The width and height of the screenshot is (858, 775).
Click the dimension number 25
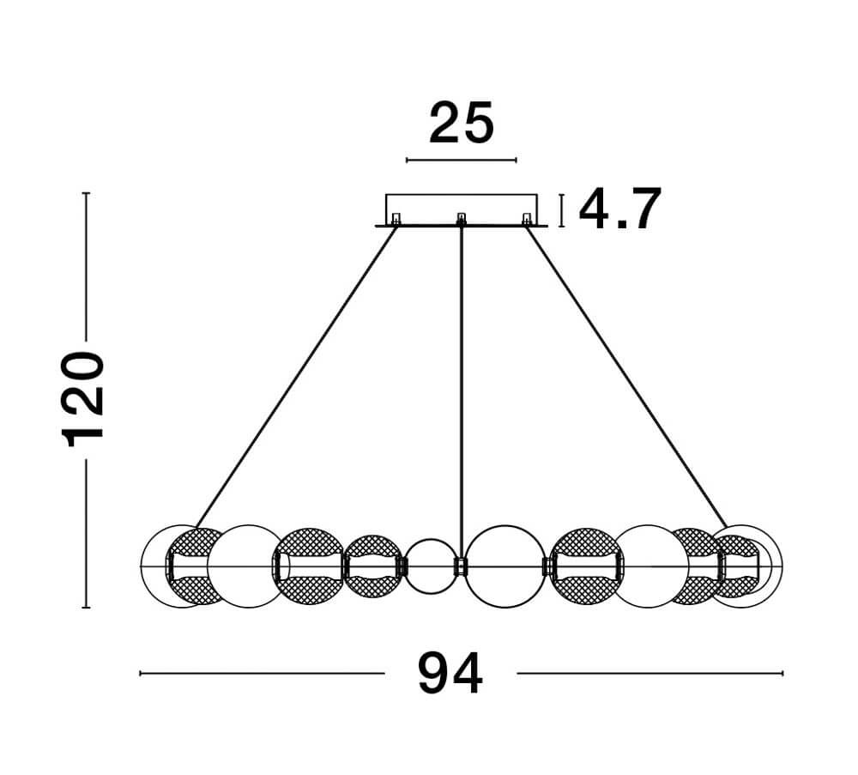(x=462, y=123)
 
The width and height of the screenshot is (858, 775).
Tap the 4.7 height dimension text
(x=620, y=209)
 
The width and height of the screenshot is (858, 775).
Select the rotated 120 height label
(x=82, y=400)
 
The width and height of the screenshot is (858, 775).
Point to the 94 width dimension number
(x=450, y=673)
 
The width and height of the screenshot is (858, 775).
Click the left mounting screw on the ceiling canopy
(x=396, y=219)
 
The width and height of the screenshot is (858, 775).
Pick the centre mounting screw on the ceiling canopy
(x=462, y=219)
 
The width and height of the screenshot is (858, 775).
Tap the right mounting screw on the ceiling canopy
(x=527, y=219)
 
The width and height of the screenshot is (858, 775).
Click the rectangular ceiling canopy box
(x=462, y=210)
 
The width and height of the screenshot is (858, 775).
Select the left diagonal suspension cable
(x=296, y=378)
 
